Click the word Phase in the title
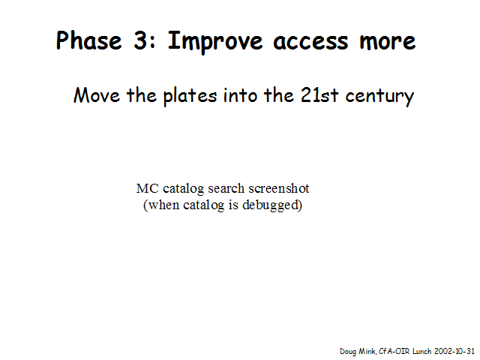point(88,40)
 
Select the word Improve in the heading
point(215,42)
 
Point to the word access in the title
point(310,42)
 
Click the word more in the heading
point(388,42)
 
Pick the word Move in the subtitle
point(97,95)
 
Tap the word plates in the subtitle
point(190,96)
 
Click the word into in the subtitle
point(240,95)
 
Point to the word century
point(379,97)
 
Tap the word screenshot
point(278,188)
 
